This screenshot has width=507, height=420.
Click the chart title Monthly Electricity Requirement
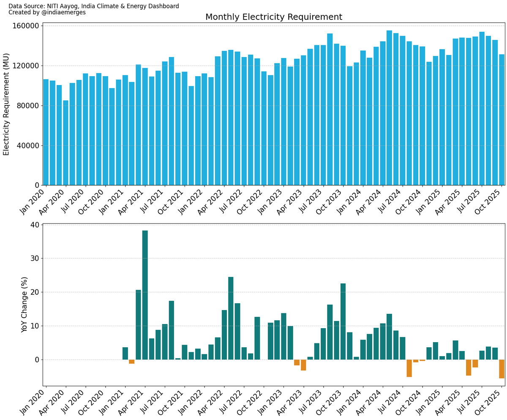click(273, 17)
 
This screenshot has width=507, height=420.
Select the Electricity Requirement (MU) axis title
click(6, 104)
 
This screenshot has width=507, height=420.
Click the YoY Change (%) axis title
click(25, 305)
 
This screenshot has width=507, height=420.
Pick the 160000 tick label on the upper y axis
click(27, 26)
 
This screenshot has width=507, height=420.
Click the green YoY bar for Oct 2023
click(343, 321)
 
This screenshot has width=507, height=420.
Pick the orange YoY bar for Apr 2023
click(303, 365)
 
